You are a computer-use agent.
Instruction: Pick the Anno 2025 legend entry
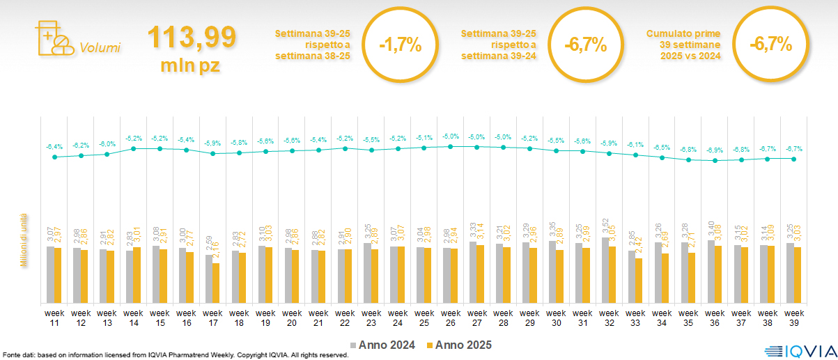click(x=459, y=345)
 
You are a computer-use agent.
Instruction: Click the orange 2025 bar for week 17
click(x=216, y=283)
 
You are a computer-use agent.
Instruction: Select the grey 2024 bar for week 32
click(x=605, y=270)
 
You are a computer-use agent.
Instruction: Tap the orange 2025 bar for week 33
click(x=638, y=280)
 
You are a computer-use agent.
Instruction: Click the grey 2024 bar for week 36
click(x=711, y=272)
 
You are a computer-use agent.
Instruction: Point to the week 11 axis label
click(x=54, y=318)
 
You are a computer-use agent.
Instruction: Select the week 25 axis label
click(x=424, y=318)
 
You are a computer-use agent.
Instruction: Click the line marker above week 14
click(x=134, y=148)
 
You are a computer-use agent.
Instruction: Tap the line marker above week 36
click(x=715, y=161)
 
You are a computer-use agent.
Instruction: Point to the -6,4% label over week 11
click(x=54, y=146)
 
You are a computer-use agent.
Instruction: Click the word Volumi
click(x=100, y=48)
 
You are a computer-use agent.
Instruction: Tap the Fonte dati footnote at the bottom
click(x=174, y=355)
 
